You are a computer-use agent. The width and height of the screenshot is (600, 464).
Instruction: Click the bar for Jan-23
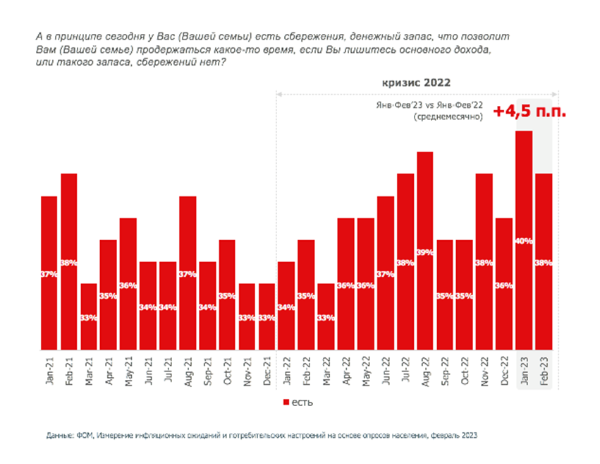click(x=523, y=240)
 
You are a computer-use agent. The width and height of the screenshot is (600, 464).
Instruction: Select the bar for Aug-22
click(x=424, y=251)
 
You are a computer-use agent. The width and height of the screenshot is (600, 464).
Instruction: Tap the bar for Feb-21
click(x=68, y=261)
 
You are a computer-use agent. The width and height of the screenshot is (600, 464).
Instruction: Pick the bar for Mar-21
click(x=88, y=316)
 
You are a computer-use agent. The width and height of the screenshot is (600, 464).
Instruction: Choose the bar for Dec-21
click(x=267, y=316)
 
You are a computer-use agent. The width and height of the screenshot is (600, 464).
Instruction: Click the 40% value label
click(x=523, y=241)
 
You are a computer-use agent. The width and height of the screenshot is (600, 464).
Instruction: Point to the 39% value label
click(x=424, y=252)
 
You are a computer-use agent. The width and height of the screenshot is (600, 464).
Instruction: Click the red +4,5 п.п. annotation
click(x=529, y=112)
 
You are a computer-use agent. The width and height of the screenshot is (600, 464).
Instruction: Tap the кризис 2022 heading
click(x=416, y=82)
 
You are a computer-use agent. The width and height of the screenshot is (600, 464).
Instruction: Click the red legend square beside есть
click(x=286, y=402)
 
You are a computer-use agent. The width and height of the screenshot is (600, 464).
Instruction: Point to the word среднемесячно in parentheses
click(x=448, y=117)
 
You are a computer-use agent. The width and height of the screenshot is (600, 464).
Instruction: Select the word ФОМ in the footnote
click(x=82, y=436)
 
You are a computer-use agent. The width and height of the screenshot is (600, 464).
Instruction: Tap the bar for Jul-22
click(x=405, y=261)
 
